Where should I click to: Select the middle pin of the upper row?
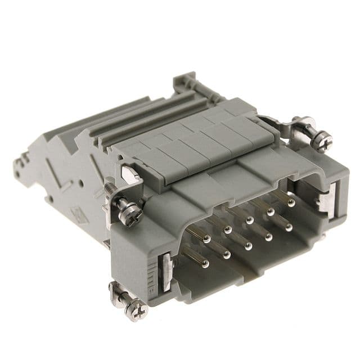[x=249, y=220]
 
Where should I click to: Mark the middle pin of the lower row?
[x=247, y=246]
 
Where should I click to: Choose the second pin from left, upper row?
[x=227, y=229]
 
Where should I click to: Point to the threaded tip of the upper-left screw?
[x=108, y=184]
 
